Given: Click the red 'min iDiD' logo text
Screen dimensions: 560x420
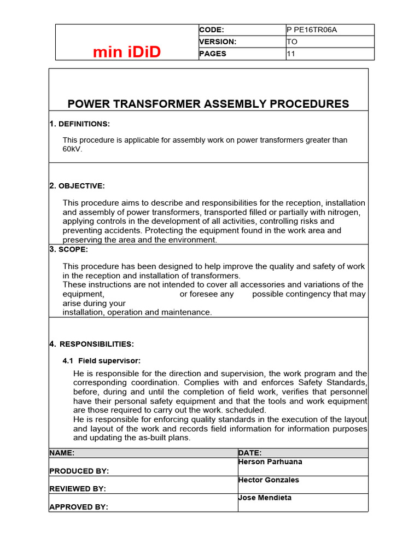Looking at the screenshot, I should click(126, 52).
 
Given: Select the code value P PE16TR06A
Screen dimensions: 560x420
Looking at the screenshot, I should click(312, 30).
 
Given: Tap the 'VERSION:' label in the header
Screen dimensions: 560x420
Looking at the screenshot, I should click(217, 42).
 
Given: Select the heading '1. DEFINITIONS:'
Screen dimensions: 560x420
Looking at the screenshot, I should click(79, 124).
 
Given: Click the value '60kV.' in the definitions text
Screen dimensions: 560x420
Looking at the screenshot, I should click(73, 149).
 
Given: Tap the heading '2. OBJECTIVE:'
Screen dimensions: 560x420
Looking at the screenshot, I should click(77, 186).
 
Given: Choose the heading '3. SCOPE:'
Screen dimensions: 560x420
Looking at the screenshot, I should click(68, 249).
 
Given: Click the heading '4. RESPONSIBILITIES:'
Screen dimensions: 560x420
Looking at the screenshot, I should click(91, 344).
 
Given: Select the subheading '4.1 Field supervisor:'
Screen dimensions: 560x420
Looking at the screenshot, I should click(102, 360).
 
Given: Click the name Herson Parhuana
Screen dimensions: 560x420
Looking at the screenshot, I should click(270, 462).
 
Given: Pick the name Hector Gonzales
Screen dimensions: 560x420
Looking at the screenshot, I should click(269, 480).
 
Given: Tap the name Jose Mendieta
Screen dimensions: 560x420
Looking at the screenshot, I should click(265, 498).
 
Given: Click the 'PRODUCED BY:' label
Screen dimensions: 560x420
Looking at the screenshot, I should click(79, 471).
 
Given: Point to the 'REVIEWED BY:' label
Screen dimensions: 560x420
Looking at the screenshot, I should click(78, 489).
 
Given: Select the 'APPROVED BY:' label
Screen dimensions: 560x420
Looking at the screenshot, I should click(78, 507).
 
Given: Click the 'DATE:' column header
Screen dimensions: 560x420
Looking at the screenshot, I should click(250, 453).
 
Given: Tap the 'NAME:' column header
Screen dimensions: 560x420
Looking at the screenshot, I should click(61, 453).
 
